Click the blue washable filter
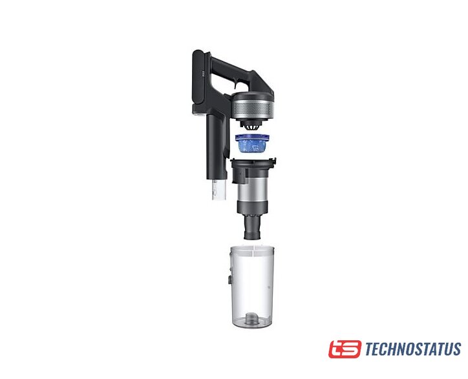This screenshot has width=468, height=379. point(253,143)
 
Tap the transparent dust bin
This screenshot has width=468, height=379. point(253,285)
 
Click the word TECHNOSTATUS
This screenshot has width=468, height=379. point(413,349)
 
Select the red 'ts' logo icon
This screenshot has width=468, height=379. point(345,349)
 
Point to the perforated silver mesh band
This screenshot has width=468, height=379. point(253,108)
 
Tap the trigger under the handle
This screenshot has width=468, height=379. point(237,86)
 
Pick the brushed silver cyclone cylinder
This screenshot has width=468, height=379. point(253,189)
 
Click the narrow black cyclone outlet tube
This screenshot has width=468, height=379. point(253,227)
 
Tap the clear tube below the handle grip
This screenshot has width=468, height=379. point(218,189)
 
